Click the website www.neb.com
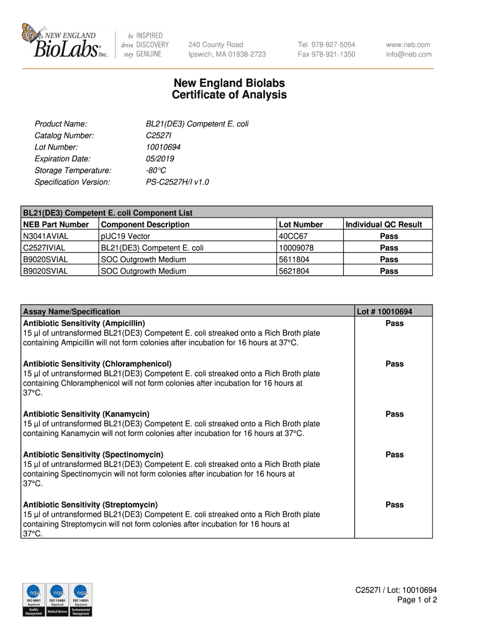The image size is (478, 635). click(x=408, y=45)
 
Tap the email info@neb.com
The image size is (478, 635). click(x=408, y=55)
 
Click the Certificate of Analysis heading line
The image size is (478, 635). click(x=229, y=95)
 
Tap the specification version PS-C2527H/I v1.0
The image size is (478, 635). click(x=177, y=182)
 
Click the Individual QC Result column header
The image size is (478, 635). click(x=384, y=224)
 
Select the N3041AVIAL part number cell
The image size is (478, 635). click(x=46, y=236)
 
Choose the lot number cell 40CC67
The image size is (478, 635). click(x=294, y=236)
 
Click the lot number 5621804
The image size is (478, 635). click(x=295, y=271)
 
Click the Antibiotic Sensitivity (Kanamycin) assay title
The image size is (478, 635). click(x=86, y=414)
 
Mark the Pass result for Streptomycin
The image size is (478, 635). click(x=394, y=505)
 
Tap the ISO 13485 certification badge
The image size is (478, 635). click(x=57, y=600)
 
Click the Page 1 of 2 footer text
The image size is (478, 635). click(x=417, y=600)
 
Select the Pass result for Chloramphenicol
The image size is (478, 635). click(x=394, y=364)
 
